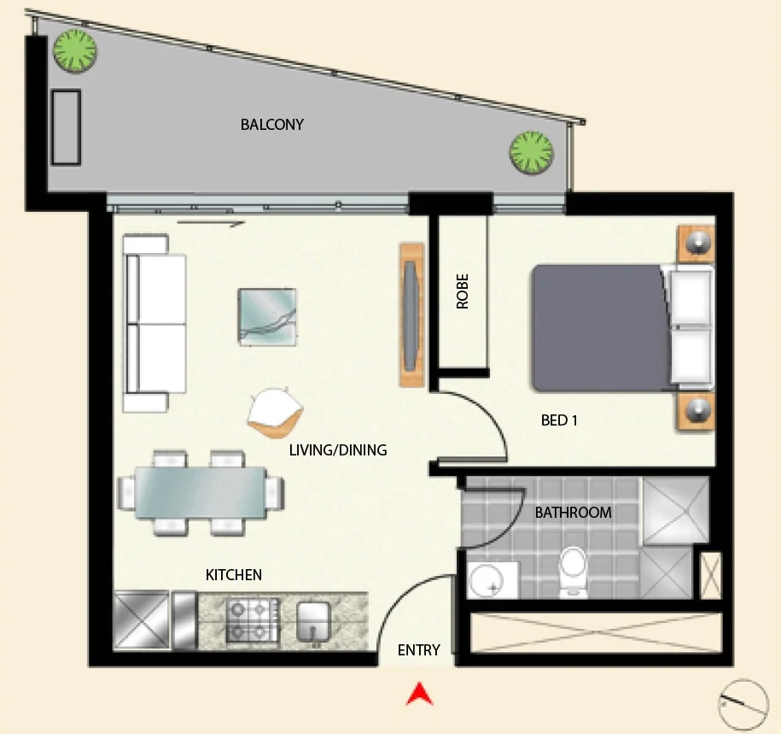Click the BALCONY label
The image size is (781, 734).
[271, 125]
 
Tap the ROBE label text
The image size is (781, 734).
[463, 291]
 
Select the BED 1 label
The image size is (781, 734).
[561, 420]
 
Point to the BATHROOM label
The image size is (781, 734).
[573, 513]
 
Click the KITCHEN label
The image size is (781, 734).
[233, 575]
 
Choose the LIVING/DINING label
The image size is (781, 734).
[338, 449]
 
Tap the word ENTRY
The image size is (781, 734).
[419, 650]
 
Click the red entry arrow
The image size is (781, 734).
[418, 694]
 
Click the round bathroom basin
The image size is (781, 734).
[488, 581]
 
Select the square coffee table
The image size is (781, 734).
[267, 315]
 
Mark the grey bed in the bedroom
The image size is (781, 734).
[597, 327]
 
